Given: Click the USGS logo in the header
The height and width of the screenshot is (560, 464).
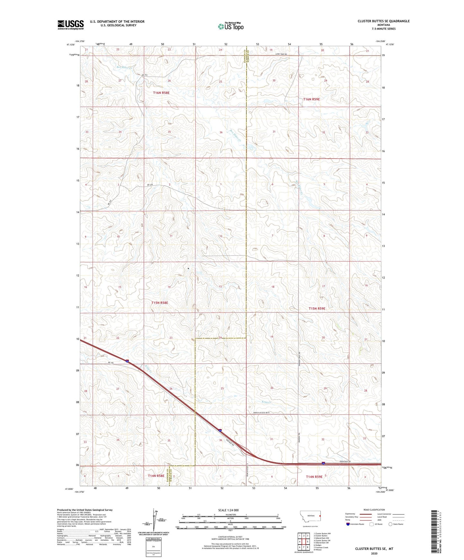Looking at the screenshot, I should click(x=70, y=24).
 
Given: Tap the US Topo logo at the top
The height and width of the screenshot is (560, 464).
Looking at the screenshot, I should click(x=230, y=27).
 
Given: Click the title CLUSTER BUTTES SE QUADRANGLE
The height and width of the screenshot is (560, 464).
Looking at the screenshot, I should click(x=383, y=21).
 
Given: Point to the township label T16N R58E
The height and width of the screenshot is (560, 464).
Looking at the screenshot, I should click(x=161, y=93).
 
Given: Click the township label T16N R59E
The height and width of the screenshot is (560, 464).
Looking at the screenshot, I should click(x=311, y=99).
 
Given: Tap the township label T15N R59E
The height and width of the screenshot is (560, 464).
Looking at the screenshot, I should click(x=317, y=309).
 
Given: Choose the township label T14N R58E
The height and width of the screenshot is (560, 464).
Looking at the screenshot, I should click(x=156, y=476).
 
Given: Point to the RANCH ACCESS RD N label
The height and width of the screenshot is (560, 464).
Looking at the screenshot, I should click(x=262, y=412).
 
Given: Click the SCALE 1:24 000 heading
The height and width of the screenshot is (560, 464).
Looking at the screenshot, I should click(x=228, y=510).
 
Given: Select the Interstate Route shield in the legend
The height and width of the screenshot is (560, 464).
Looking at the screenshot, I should click(x=348, y=524).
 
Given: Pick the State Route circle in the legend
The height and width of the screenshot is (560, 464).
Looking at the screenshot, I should click(x=390, y=524).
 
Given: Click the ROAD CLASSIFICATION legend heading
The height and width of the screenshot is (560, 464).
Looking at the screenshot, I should click(x=374, y=510).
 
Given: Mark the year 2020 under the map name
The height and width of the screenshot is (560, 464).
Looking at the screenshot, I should click(x=374, y=554).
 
